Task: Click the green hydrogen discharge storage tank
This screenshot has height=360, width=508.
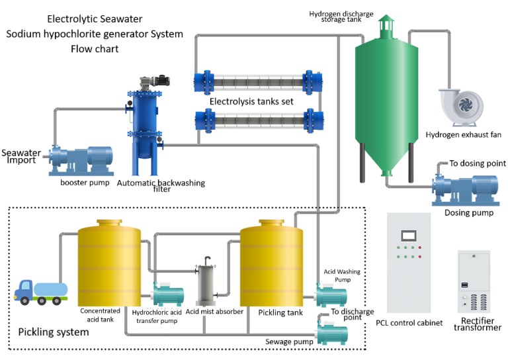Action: [386, 93]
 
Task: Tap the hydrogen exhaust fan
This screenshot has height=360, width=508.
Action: [461, 106]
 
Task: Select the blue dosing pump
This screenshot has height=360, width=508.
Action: [463, 187]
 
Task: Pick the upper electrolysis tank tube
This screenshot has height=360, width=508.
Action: [258, 83]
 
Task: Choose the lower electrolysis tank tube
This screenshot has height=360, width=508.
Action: [258, 121]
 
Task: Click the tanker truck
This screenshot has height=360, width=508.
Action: [40, 292]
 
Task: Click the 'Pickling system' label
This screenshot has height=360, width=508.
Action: [53, 332]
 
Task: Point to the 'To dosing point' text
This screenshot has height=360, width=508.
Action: [478, 163]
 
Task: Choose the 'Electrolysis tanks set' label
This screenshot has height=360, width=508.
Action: [252, 102]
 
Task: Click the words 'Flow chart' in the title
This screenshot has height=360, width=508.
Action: [97, 48]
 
